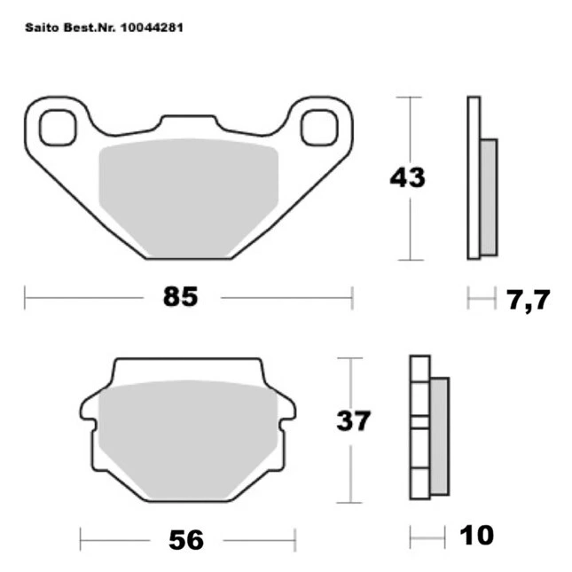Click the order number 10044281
tap(152, 27)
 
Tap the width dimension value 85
tap(181, 296)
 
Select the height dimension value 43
tap(407, 177)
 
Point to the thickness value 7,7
tap(528, 300)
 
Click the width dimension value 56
tap(186, 540)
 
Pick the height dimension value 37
tap(354, 420)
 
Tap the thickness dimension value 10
tap(476, 535)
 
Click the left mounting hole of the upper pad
tap(58, 128)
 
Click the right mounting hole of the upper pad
tap(319, 128)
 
